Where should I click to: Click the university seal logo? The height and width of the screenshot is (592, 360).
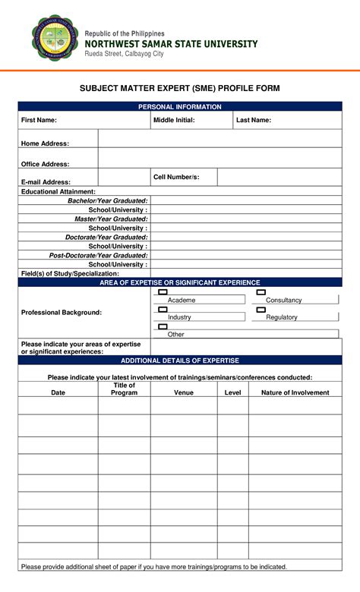55,38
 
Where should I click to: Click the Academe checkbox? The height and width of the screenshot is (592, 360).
163,292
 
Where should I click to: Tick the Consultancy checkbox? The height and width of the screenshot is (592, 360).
261,292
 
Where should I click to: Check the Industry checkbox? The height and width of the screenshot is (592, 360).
163,309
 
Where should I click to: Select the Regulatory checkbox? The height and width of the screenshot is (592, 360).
261,309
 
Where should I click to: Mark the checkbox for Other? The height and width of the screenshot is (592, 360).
163,326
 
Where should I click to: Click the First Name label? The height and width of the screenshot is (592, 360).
39,120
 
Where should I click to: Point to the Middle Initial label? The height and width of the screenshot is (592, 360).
174,120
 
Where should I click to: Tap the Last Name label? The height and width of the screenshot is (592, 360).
254,120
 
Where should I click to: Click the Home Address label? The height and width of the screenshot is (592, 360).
45,143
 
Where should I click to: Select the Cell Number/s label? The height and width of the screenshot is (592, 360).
176,177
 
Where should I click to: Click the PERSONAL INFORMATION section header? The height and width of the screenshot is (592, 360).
180,107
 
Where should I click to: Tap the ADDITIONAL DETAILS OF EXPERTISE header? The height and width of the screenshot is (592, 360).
180,361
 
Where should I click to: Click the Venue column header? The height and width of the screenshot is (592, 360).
184,392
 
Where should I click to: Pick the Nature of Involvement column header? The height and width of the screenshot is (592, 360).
295,392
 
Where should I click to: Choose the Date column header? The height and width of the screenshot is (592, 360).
58,392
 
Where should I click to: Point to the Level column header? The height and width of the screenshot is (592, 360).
232,392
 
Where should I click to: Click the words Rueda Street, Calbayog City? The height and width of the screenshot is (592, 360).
124,54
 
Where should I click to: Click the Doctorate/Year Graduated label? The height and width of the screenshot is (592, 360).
106,237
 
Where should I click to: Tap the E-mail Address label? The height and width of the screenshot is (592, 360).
46,182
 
